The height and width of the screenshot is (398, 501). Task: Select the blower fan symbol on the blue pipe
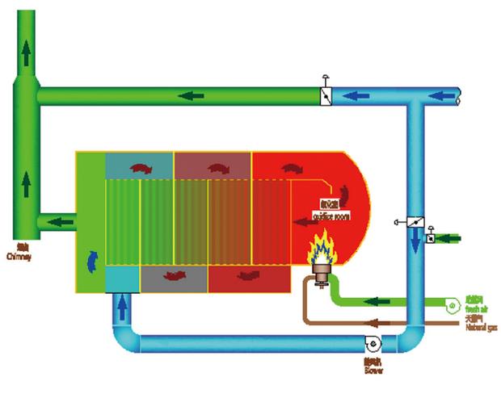click(x=373, y=343)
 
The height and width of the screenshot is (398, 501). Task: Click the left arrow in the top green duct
click(x=192, y=96)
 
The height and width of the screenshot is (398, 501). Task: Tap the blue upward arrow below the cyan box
click(x=122, y=308)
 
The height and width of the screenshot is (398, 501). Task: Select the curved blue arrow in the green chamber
click(x=91, y=259)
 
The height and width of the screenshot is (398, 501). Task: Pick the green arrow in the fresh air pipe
click(x=373, y=302)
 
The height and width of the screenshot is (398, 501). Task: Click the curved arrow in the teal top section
click(x=141, y=167)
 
